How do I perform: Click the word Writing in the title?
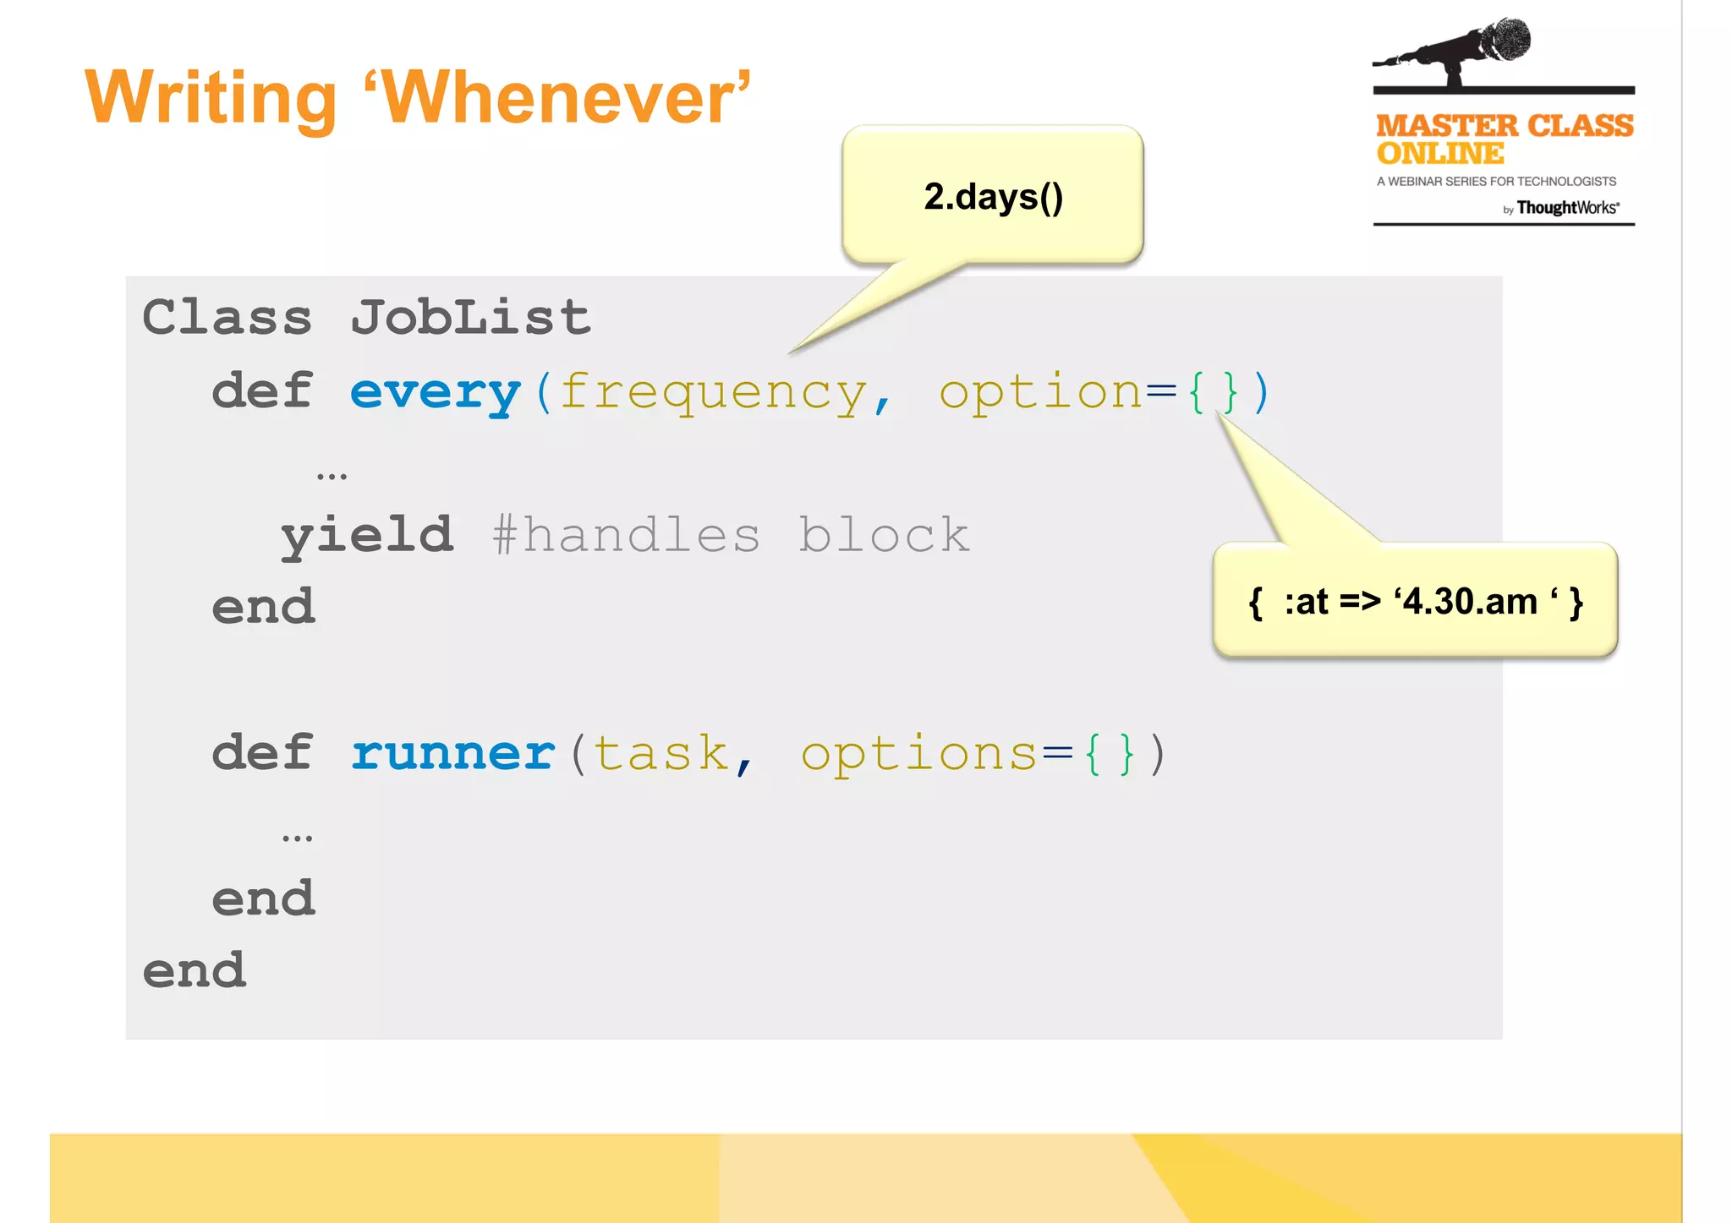click(211, 100)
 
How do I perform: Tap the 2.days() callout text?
click(993, 197)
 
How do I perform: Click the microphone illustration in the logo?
click(1463, 51)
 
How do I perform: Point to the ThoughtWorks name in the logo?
click(1567, 208)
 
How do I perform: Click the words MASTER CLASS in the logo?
click(1505, 126)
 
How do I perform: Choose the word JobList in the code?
click(470, 318)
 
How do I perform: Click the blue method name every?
click(436, 392)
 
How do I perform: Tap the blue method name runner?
click(453, 753)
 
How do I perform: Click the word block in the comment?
click(884, 535)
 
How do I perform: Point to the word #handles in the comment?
click(626, 535)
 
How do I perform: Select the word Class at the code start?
click(227, 318)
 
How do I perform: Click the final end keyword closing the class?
click(195, 970)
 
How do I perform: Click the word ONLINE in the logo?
click(1440, 154)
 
